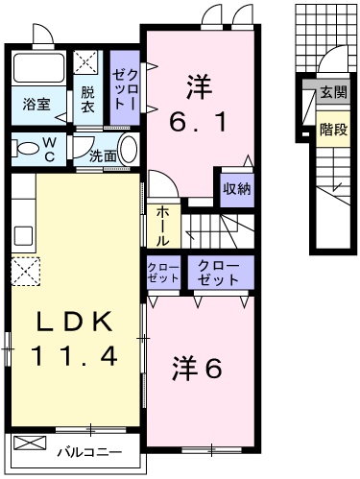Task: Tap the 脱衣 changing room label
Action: pos(87,100)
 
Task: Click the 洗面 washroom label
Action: pos(105,155)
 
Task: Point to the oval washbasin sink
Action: pos(132,152)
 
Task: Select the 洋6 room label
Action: pos(198,368)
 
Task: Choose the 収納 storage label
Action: pos(236,188)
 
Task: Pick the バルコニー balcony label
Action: pos(88,450)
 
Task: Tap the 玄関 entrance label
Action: pos(333,93)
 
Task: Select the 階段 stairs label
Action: pos(333,128)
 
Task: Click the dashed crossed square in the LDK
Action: pos(24,273)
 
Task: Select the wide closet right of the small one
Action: pos(220,272)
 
